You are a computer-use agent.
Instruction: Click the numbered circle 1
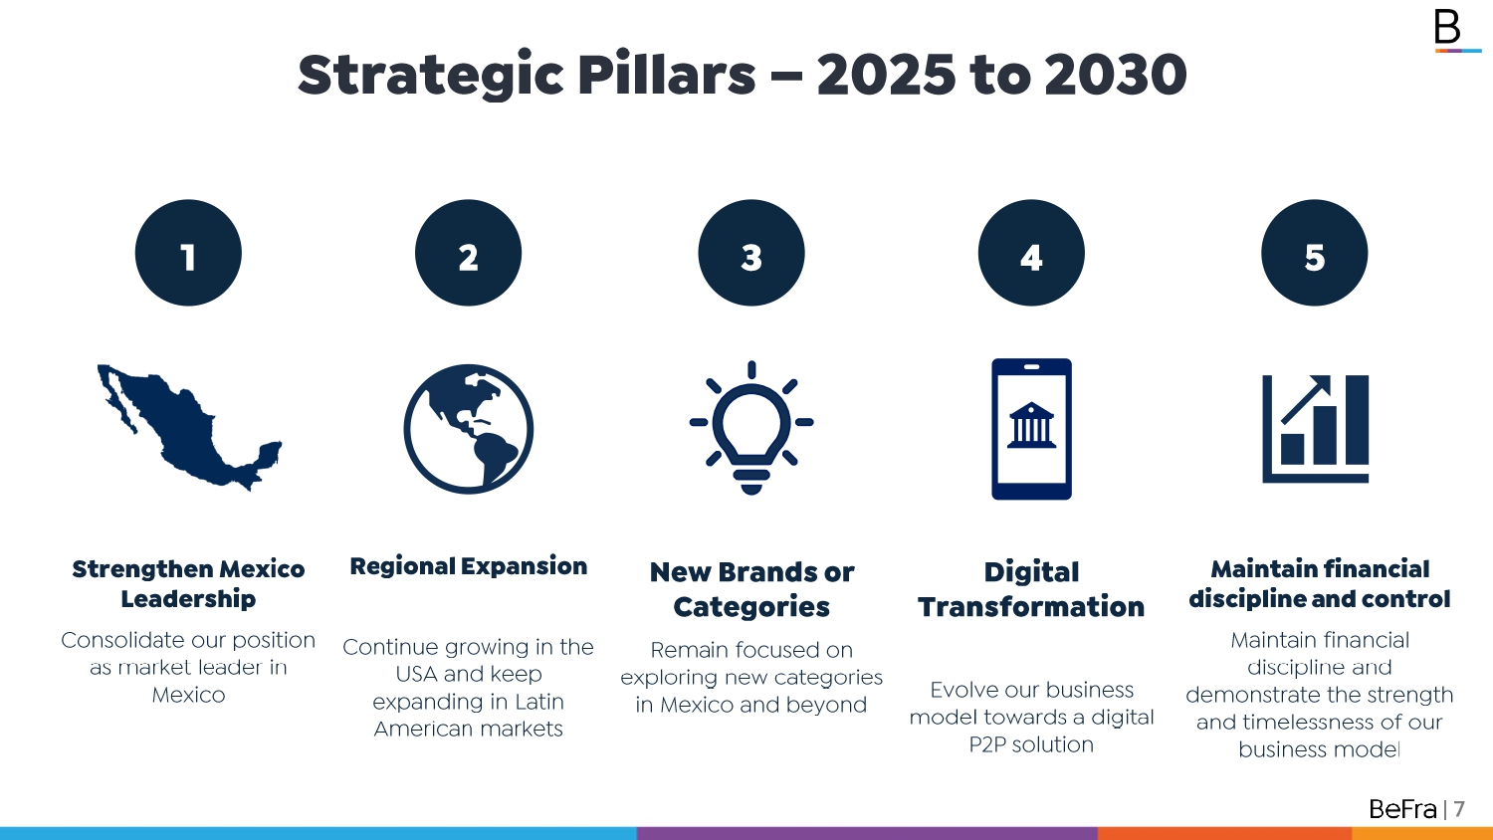(x=188, y=253)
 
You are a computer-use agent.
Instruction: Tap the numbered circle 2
(x=468, y=253)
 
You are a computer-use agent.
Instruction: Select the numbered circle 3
(x=751, y=253)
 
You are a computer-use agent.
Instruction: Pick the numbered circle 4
(x=1031, y=253)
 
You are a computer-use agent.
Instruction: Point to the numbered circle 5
(x=1315, y=253)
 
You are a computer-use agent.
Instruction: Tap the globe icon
(x=468, y=429)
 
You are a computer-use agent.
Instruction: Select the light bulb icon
(x=751, y=427)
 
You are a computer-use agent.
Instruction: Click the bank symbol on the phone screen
(x=1031, y=425)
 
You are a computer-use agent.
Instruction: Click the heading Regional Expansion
(x=469, y=566)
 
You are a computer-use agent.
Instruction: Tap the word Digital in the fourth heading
(x=1031, y=572)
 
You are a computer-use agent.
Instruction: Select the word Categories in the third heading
(x=751, y=607)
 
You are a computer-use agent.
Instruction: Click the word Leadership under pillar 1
(x=188, y=599)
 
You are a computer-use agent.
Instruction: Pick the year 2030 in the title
(x=1116, y=75)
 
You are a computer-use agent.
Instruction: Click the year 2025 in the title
(x=887, y=75)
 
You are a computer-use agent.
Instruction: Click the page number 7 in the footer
(x=1459, y=809)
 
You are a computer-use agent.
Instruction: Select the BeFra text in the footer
(x=1402, y=809)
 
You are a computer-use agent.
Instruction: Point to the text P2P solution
(x=1031, y=744)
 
